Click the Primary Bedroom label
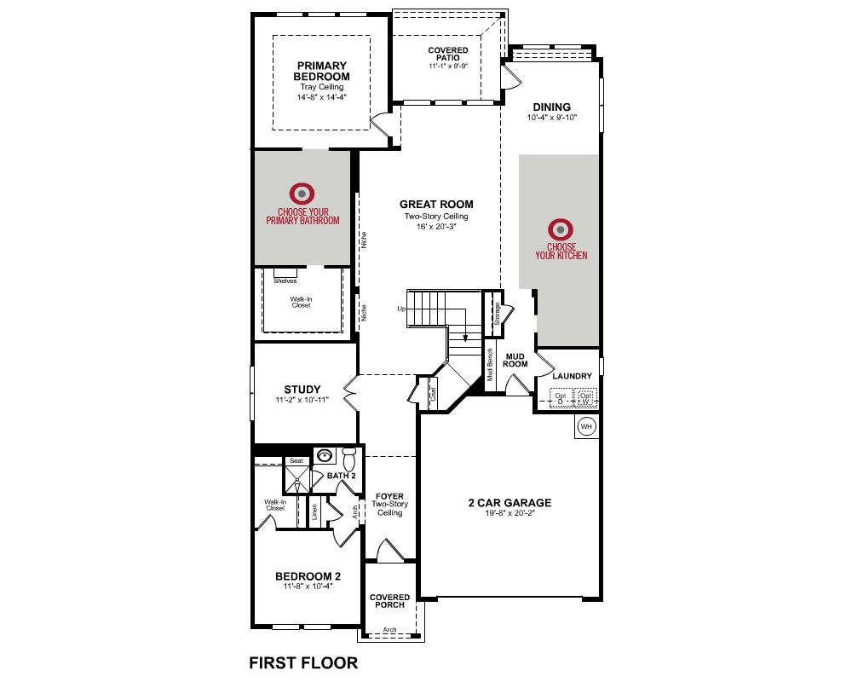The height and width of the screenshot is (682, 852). click(322, 72)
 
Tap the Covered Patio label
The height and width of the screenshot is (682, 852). click(448, 54)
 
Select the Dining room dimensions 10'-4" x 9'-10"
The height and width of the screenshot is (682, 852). click(551, 118)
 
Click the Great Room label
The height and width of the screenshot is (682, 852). click(436, 205)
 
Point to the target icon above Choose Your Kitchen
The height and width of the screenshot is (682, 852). click(561, 229)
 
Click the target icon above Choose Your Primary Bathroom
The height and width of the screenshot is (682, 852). click(302, 194)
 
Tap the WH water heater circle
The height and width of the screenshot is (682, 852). click(586, 426)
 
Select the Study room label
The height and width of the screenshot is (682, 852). click(302, 390)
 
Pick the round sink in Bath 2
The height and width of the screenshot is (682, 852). click(325, 455)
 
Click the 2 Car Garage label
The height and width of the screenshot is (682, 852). click(509, 503)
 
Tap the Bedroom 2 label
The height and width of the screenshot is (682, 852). click(308, 576)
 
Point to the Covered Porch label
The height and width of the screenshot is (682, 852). click(389, 601)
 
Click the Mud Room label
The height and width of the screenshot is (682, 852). click(515, 361)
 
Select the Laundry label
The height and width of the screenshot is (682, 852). click(573, 376)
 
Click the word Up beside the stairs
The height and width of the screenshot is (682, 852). click(401, 309)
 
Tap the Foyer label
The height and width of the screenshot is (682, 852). click(389, 496)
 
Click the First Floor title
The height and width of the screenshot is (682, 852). click(303, 663)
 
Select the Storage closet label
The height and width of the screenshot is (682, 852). click(497, 315)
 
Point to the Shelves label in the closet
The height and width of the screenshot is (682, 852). click(285, 281)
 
